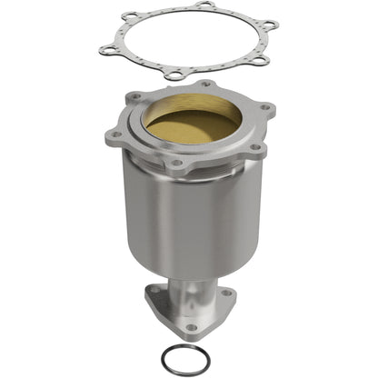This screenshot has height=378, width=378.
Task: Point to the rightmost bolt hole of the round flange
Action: (x=266, y=109)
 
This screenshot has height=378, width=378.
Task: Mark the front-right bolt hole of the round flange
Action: (x=255, y=145)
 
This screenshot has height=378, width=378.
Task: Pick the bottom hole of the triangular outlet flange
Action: (x=191, y=326)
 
